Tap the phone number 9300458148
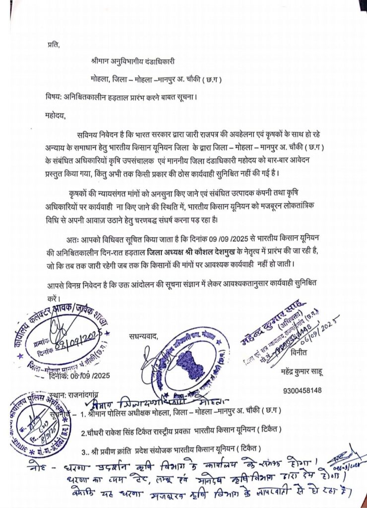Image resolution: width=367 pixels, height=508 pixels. [x=303, y=390]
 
